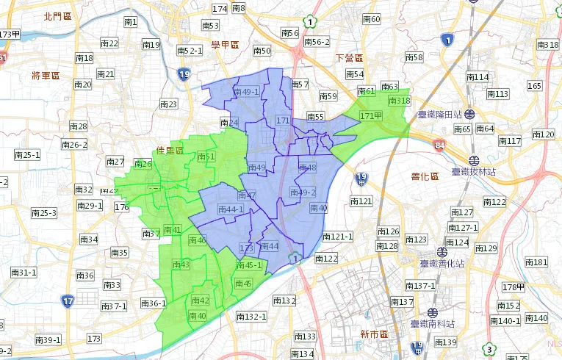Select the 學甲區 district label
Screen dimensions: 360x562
click(226, 46)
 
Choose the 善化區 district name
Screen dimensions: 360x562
click(424, 176)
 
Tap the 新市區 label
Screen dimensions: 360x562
click(374, 334)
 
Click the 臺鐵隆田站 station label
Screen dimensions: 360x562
click(440, 115)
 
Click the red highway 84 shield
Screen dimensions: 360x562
click(439, 145)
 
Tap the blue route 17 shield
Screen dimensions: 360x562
click(67, 301)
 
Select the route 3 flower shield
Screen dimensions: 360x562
click(489, 348)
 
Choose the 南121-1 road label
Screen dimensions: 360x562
click(338, 237)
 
